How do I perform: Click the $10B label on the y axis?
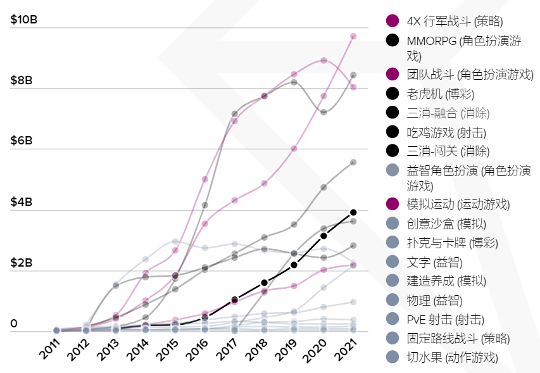coord(24,20)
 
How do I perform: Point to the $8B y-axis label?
coord(22,80)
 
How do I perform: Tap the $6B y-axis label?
coord(22,141)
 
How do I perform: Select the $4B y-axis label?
coord(22,202)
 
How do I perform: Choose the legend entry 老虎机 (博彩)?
coord(440,94)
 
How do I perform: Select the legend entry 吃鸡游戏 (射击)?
coord(446,132)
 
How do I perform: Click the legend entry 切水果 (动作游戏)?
coord(452,357)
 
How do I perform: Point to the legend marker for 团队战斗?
coord(392,75)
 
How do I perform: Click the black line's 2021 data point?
coord(353,212)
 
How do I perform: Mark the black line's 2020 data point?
coord(323,236)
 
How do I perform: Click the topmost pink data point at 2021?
coord(353,36)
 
